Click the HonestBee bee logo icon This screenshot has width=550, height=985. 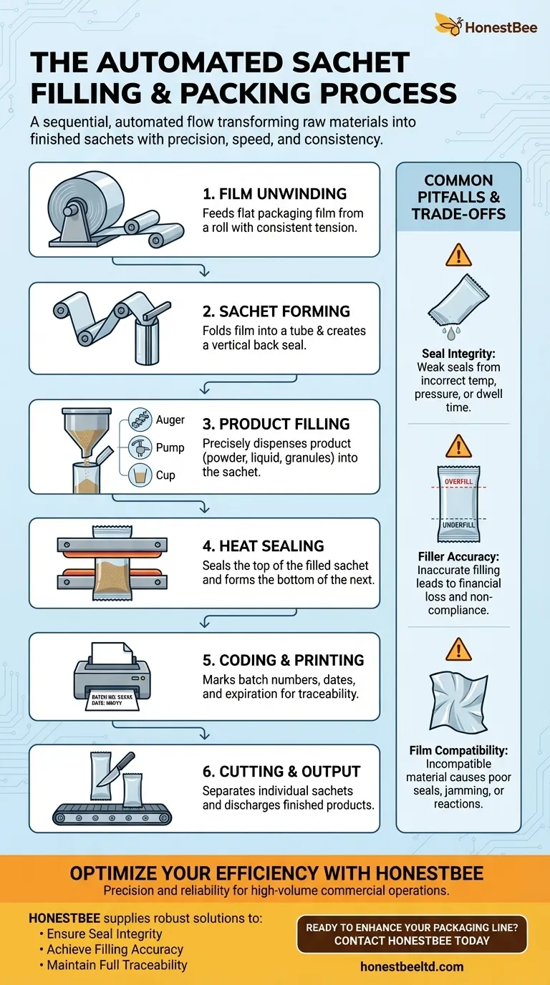coord(448,24)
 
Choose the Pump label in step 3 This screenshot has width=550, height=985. coord(170,447)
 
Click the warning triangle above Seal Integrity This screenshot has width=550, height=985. coord(458,254)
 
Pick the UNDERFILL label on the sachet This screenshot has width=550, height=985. coord(459,525)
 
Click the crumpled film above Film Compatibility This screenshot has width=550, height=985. coord(458,701)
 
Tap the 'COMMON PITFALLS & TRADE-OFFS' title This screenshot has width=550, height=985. coord(458,198)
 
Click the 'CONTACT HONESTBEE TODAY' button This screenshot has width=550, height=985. coord(412,933)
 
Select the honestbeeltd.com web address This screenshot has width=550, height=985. coord(411,966)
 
